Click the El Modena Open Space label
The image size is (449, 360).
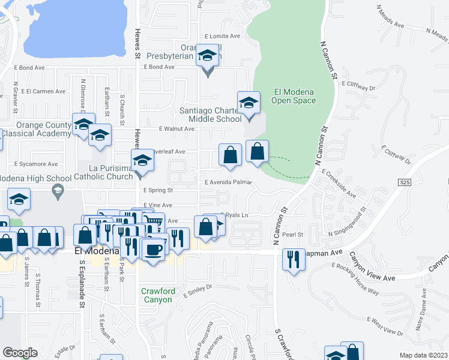pyautogui.click(x=294, y=96)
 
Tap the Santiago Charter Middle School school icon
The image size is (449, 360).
pyautogui.click(x=248, y=103)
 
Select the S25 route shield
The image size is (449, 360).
pyautogui.click(x=403, y=181)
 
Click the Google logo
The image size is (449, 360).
pyautogui.click(x=20, y=352)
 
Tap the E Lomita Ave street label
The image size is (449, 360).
pyautogui.click(x=222, y=36)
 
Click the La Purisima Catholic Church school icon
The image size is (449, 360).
pyautogui.click(x=142, y=162)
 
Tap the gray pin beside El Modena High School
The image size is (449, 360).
pyautogui.click(x=58, y=192)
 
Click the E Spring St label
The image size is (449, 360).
pyautogui.click(x=158, y=190)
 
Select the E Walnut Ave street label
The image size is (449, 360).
pyautogui.click(x=176, y=128)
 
